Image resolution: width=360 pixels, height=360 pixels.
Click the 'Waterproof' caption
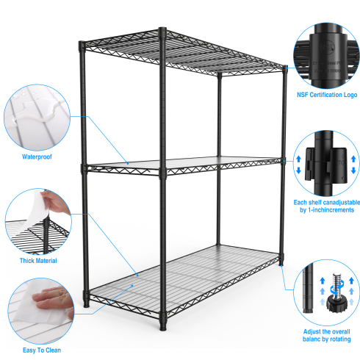[x=37, y=156]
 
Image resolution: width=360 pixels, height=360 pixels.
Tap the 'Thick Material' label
[x=38, y=261]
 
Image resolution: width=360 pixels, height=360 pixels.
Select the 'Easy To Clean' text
[x=42, y=350]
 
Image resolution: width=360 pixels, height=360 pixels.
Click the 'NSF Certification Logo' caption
[x=327, y=95]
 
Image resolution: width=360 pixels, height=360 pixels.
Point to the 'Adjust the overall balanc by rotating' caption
[x=327, y=336]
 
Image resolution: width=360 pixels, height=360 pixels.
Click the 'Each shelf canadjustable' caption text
[x=327, y=203]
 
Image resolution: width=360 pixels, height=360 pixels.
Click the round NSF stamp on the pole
[x=327, y=47]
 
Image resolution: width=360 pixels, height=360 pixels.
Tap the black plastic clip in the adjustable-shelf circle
[x=326, y=165]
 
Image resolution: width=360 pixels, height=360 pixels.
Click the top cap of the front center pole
[x=162, y=30]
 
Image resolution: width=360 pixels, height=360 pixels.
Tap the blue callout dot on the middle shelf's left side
[x=128, y=163]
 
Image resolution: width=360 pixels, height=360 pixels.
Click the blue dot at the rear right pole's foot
[x=281, y=265]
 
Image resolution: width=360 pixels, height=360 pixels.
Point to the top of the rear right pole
[x=285, y=67]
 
